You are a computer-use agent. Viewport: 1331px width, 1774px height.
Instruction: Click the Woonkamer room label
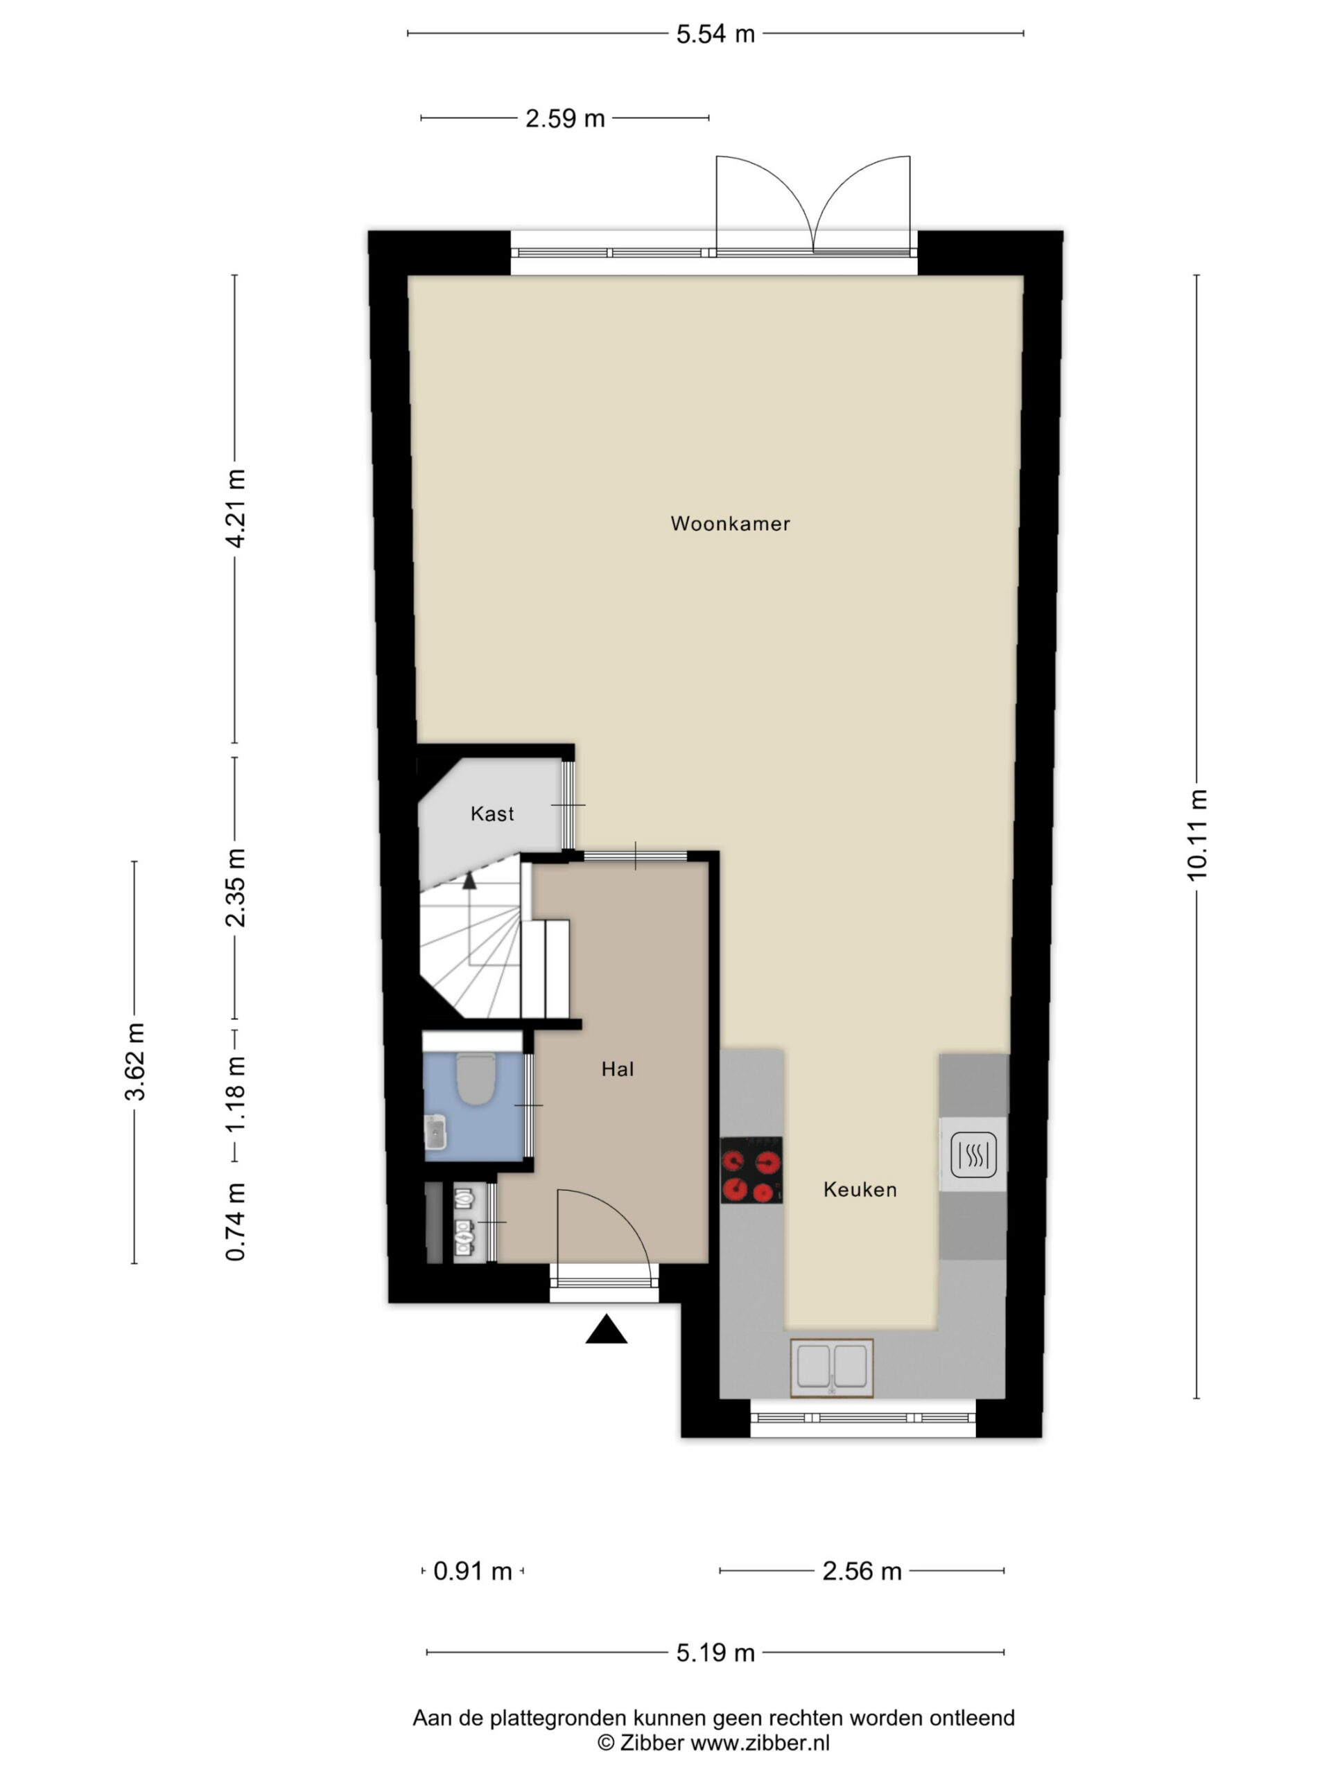click(730, 524)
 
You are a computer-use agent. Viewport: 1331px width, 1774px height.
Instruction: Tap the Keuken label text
click(860, 1189)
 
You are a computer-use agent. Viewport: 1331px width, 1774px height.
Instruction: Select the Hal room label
click(618, 1069)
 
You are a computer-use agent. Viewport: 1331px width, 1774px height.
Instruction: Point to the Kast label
click(491, 814)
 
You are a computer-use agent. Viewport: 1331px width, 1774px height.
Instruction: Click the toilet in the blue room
click(476, 1080)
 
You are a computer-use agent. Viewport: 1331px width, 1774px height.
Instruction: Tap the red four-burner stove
click(751, 1170)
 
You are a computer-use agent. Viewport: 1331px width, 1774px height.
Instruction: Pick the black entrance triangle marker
click(606, 1329)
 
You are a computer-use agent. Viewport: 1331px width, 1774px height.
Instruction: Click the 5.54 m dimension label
click(715, 34)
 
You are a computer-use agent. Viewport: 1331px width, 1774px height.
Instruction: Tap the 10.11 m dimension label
click(1197, 835)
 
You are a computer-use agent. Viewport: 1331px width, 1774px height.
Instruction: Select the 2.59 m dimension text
click(565, 118)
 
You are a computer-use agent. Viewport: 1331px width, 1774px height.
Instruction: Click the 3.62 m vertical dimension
click(134, 1062)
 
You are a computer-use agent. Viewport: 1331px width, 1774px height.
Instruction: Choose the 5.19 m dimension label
click(715, 1653)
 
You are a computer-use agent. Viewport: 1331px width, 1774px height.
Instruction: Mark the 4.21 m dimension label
click(235, 509)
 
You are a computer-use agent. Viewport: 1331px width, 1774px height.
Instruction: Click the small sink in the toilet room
click(435, 1132)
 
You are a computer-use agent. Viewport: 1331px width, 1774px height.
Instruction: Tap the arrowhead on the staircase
click(469, 880)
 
